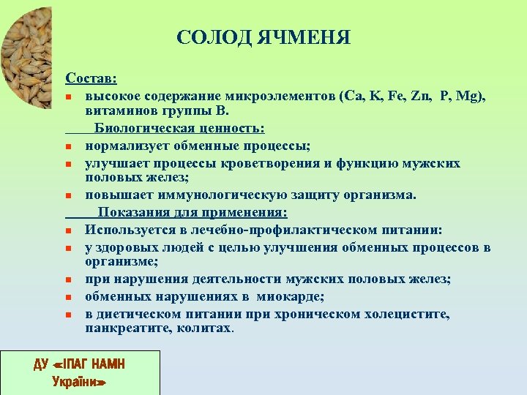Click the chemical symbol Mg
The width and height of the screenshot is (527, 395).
click(x=472, y=96)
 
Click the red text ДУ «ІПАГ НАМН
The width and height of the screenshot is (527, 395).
click(x=79, y=363)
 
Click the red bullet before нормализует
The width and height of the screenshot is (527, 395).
click(x=68, y=146)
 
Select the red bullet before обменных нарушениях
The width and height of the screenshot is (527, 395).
click(x=68, y=298)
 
